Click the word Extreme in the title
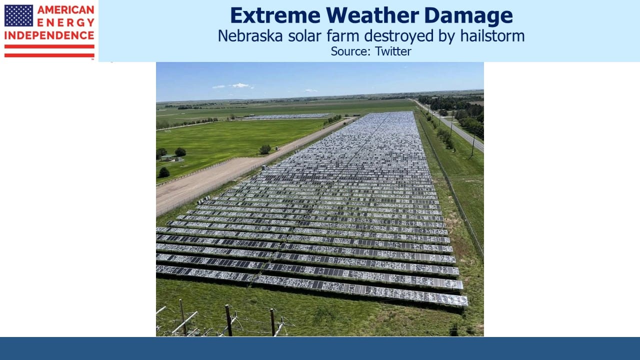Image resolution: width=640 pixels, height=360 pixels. coord(275,15)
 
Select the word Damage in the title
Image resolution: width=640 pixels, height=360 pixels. coord(468,16)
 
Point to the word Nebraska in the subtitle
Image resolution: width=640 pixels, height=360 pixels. coord(250,36)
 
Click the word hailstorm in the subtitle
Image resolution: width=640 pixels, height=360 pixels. coord(492,36)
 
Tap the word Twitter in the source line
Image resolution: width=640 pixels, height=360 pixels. coord(393,51)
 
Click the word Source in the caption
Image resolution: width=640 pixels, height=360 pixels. coord(351,51)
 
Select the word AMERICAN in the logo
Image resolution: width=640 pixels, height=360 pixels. coord(65,9)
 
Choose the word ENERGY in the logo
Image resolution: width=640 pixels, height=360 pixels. coord(65,22)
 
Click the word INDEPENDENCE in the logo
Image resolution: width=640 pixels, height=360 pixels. coord(49,35)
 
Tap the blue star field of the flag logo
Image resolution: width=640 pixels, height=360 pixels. coord(18,15)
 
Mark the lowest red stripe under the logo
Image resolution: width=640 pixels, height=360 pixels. coord(49,55)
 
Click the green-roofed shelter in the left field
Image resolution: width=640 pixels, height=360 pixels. coord(168,157)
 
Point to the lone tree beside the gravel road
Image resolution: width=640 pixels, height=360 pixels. coord(265,149)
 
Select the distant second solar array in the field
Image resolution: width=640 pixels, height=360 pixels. coord(285,116)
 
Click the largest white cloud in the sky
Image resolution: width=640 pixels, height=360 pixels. coord(240,85)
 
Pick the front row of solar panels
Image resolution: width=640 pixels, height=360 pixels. coord(311,285)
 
